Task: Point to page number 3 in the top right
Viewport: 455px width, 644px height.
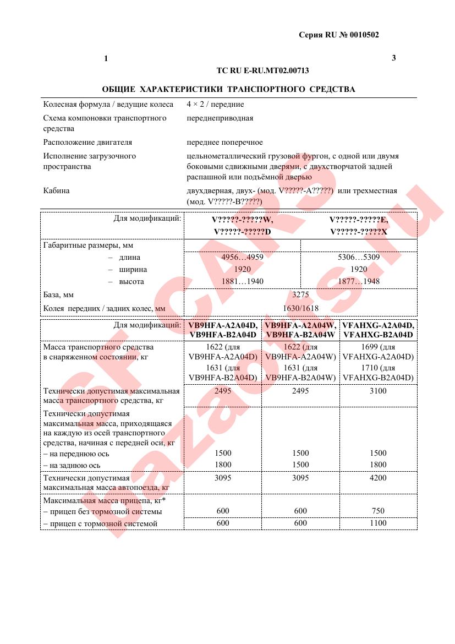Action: (x=393, y=58)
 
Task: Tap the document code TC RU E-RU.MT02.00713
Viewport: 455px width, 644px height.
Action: (x=263, y=70)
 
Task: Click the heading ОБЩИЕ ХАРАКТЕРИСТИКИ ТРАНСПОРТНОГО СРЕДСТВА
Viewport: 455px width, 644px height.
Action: (x=228, y=89)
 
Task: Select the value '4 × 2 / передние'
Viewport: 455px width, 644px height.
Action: (x=215, y=104)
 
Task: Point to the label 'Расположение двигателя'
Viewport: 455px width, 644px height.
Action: (x=88, y=143)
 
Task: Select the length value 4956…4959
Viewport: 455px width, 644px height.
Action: (x=242, y=258)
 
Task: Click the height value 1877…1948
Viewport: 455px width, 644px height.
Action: (x=359, y=282)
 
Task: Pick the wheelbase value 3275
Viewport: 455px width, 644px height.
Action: (x=300, y=295)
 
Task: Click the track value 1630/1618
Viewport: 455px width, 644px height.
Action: (x=300, y=309)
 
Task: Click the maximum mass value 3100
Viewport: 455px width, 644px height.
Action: (x=378, y=391)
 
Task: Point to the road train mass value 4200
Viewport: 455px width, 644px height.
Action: (x=378, y=478)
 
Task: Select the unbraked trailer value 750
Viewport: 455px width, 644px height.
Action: (x=378, y=511)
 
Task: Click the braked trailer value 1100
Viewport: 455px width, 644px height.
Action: (x=378, y=523)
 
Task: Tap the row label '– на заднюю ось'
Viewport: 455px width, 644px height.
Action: (x=72, y=465)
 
